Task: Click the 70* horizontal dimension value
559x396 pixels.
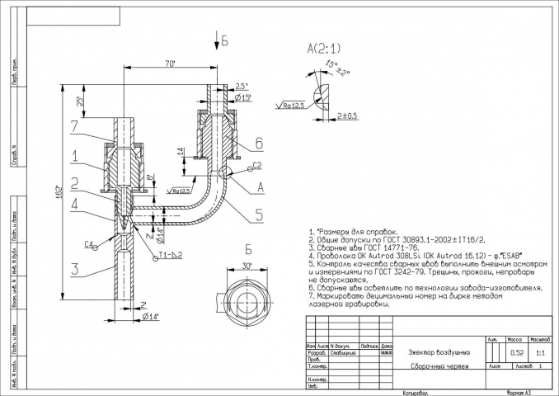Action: (x=171, y=64)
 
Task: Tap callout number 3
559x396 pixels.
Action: (x=75, y=268)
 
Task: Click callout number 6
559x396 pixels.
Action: (x=258, y=143)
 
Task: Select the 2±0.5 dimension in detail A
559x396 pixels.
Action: (x=347, y=116)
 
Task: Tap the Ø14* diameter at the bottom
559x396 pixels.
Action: (x=150, y=316)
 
